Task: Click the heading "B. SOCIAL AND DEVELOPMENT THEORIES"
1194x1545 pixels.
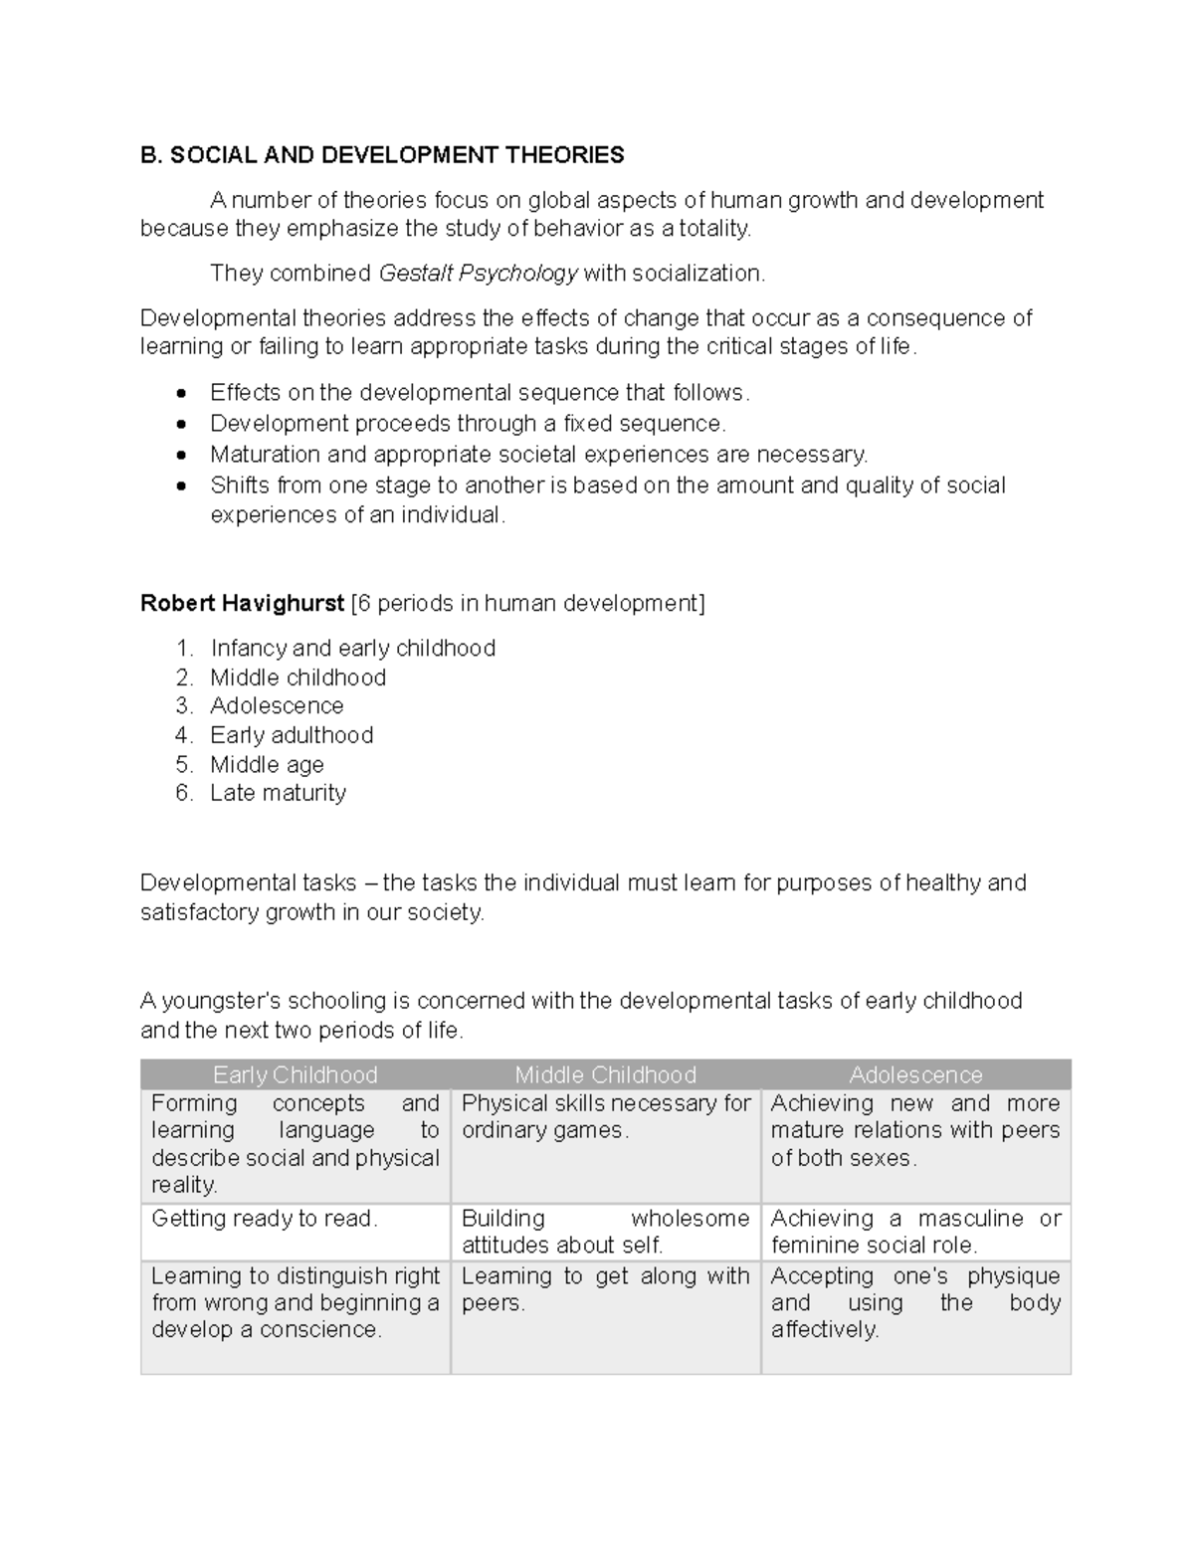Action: tap(382, 155)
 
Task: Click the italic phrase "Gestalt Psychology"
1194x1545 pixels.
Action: tap(479, 274)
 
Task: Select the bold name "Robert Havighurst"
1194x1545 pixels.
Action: tap(242, 604)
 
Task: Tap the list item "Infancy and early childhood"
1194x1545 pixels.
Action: tap(352, 649)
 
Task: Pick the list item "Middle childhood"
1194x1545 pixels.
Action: tap(298, 677)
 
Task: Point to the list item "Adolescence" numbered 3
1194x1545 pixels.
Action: tap(277, 706)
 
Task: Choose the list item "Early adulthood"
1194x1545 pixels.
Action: tap(292, 735)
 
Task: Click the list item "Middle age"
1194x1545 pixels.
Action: tap(267, 765)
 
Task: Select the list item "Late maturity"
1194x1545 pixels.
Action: tap(278, 793)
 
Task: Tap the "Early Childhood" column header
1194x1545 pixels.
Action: tap(296, 1074)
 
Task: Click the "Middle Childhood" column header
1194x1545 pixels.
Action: tap(605, 1074)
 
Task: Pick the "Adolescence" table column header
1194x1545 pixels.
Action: tap(915, 1074)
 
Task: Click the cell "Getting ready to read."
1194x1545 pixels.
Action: tap(265, 1219)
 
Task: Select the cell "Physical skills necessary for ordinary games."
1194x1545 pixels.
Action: tap(605, 1117)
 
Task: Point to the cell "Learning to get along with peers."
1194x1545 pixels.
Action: tap(605, 1289)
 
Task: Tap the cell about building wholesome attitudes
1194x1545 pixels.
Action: tap(605, 1232)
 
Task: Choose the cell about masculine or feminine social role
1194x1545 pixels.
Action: tap(915, 1232)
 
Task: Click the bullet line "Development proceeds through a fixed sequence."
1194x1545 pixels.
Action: tap(468, 424)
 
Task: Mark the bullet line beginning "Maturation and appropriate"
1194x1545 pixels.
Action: tap(538, 455)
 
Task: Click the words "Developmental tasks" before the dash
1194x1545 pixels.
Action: tap(248, 883)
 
